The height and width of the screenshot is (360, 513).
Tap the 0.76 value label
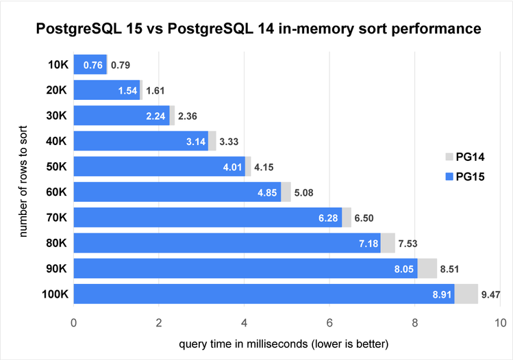(x=93, y=66)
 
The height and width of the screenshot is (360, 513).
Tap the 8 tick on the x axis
(x=415, y=322)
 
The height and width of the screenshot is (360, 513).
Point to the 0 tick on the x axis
(x=73, y=322)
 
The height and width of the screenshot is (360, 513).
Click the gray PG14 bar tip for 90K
(x=427, y=268)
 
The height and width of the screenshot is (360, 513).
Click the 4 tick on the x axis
(x=245, y=322)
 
